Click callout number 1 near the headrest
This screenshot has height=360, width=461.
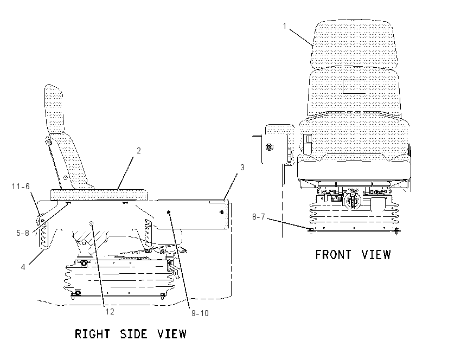pos(285,26)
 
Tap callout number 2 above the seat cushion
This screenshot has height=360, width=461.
pos(139,151)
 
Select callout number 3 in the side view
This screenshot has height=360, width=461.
pos(242,167)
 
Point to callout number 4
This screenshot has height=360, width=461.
pos(23,267)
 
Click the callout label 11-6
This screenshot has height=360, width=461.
pos(21,187)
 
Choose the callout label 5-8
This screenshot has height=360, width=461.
pos(23,233)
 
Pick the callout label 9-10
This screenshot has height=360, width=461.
pos(200,313)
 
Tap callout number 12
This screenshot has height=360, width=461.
pos(110,312)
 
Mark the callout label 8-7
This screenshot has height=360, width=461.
pos(259,217)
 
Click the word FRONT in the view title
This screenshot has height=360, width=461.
pos(333,254)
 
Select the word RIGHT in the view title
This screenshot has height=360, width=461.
pos(92,334)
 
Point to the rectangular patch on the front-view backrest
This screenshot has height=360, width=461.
pos(354,86)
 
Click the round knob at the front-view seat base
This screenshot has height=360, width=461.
pos(352,201)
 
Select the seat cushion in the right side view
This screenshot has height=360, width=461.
pos(99,194)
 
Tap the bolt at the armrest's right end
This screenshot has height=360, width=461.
pos(222,212)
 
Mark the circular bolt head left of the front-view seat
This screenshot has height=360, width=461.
pos(269,146)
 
